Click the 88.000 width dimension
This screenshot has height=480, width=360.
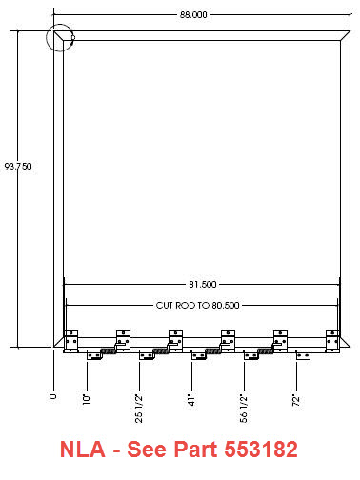tap(193, 14)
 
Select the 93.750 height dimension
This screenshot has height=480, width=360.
tap(18, 166)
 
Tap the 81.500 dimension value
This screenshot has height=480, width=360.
tap(203, 284)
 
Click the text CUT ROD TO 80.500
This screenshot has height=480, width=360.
tap(197, 305)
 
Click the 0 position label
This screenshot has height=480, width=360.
tap(53, 396)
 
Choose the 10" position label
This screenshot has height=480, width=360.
tap(87, 399)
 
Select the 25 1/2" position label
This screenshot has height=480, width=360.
tap(139, 409)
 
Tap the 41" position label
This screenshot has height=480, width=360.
tap(191, 400)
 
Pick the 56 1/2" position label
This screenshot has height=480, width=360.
tap(244, 409)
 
